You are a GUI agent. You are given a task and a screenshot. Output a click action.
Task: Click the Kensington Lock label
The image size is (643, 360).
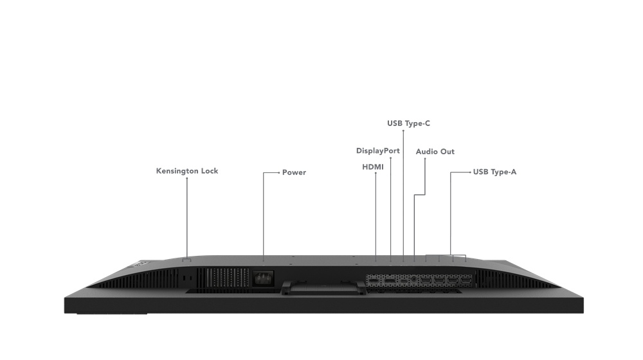[x=187, y=171]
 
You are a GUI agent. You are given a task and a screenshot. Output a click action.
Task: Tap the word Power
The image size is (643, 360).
[x=294, y=172]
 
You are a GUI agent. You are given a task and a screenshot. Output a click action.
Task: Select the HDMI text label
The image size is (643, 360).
[x=373, y=167]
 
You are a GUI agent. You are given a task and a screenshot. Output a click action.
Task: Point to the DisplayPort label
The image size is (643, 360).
[x=377, y=151]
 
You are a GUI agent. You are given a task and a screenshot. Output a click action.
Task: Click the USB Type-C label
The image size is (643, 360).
[x=408, y=123]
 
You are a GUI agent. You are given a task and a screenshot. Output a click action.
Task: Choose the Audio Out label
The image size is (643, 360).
[x=435, y=152]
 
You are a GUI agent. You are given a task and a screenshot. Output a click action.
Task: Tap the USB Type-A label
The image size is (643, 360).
[x=494, y=172]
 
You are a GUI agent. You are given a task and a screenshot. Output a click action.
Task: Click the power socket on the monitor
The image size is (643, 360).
[x=263, y=279]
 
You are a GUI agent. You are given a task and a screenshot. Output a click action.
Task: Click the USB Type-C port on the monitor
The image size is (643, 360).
[x=403, y=281]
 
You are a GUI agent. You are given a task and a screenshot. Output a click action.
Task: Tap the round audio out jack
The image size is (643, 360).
[x=413, y=280]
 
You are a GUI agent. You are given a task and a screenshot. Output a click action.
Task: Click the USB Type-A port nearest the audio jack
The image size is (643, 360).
[x=426, y=281]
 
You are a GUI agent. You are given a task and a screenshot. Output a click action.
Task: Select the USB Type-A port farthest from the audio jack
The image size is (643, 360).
[x=466, y=281]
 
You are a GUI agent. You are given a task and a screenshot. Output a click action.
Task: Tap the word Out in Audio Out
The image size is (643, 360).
[x=448, y=152]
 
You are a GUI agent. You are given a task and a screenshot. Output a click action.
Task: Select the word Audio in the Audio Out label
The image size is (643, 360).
[x=427, y=152]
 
